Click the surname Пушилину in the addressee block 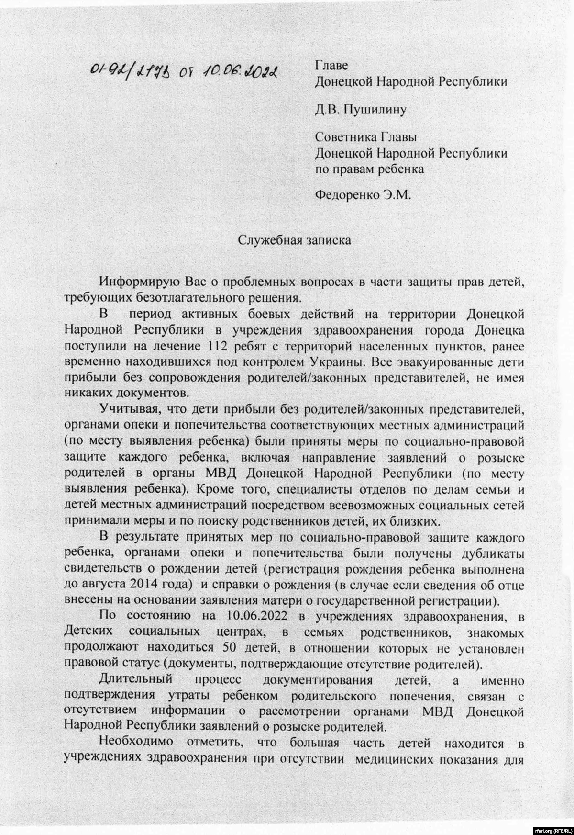[x=379, y=110]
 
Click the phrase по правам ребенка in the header [x=369, y=169]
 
